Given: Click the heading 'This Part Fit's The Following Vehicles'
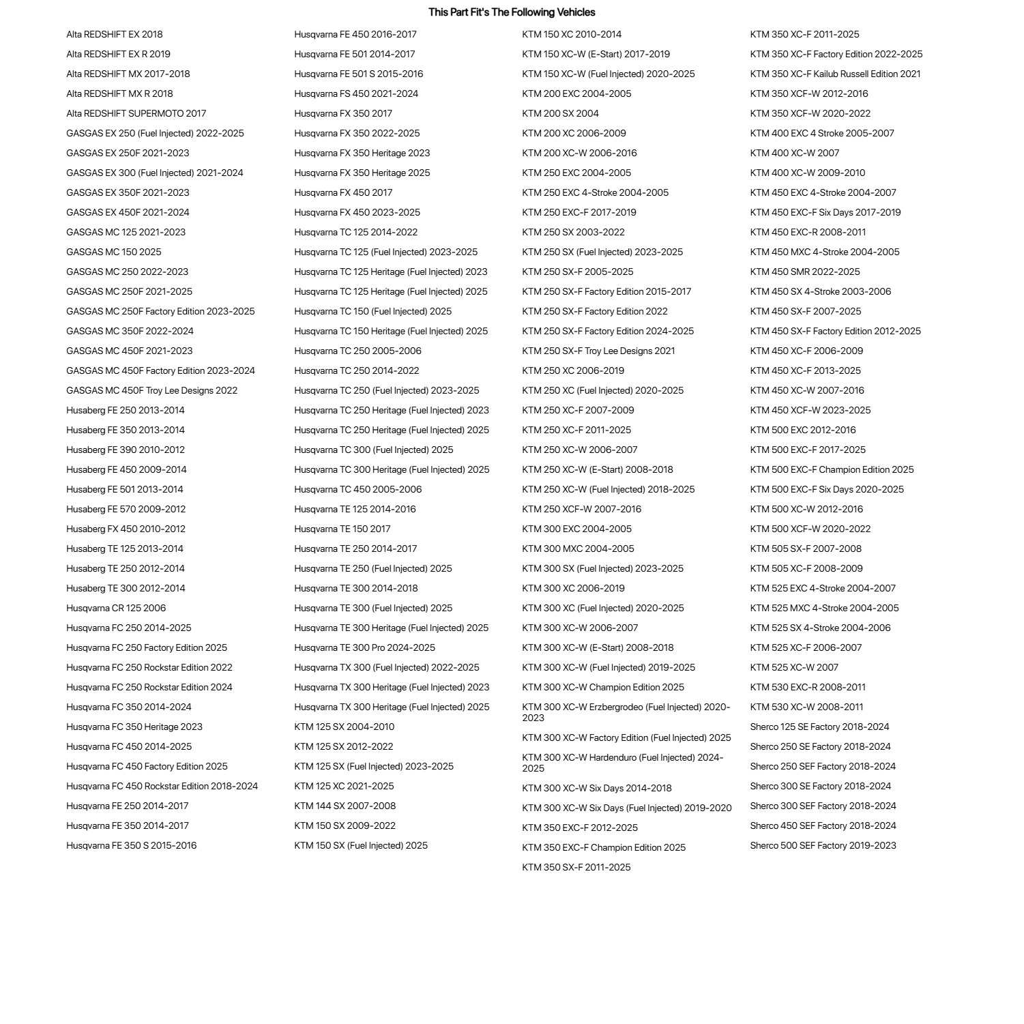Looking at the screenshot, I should point(512,12).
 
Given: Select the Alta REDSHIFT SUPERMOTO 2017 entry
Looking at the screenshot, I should point(136,113).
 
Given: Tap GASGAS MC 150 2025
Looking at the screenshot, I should point(113,252).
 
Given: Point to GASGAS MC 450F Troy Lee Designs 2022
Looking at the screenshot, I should point(151,390).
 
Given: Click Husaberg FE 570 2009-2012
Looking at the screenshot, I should point(126,509).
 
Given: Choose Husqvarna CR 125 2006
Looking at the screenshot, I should point(115,608).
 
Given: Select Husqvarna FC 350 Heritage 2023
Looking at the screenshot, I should point(134,727).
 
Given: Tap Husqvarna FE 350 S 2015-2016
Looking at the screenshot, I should point(131,845).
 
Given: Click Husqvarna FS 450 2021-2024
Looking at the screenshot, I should point(356,93).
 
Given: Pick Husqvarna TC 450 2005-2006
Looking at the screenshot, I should point(357,489).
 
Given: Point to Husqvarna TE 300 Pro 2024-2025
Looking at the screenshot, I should point(364,647).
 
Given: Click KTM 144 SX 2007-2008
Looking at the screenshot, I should point(345,806).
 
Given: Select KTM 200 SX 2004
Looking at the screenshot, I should point(560,113).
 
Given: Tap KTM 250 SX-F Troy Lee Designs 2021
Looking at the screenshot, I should point(598,351).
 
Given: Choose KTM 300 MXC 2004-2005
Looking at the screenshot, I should point(578,548).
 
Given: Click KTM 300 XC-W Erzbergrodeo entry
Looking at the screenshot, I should point(626,712).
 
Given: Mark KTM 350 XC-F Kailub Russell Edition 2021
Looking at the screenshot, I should point(835,74).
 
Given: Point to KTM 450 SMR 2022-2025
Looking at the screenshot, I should point(805,272).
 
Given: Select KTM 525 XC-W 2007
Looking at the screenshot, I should point(794,667).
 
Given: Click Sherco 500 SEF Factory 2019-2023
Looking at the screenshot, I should point(823,845).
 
